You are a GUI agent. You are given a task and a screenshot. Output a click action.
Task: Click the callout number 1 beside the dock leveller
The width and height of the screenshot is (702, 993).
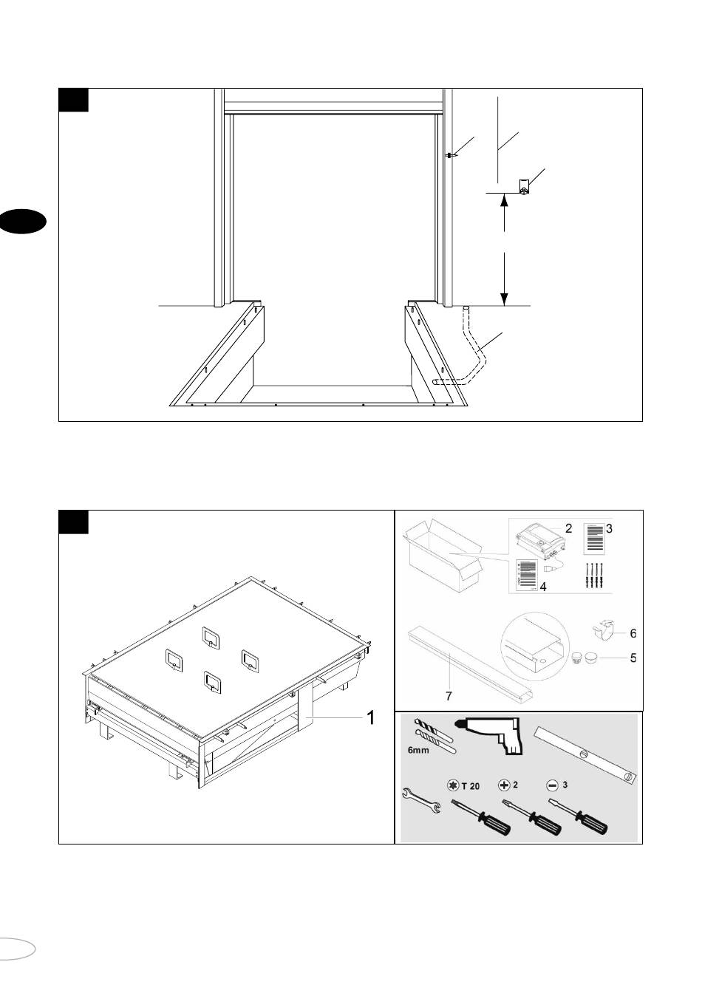[371, 717]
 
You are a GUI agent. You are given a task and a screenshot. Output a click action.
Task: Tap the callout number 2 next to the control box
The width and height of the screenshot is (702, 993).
[568, 528]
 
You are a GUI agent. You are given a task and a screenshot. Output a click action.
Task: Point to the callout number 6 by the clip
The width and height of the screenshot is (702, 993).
[633, 633]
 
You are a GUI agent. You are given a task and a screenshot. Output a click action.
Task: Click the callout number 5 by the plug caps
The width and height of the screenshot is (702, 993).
[633, 658]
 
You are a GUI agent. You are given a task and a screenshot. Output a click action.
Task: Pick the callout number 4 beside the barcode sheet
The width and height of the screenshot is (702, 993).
[543, 587]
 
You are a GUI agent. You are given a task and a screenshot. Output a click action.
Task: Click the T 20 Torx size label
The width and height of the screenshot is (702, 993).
[470, 786]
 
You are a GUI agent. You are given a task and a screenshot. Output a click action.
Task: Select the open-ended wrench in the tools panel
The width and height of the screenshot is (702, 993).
[421, 800]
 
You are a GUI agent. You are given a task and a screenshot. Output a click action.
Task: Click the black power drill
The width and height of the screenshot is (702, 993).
[492, 734]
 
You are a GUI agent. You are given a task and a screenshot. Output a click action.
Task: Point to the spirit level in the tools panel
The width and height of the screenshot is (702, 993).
[586, 756]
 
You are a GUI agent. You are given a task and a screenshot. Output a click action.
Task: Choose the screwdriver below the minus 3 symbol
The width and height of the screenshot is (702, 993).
[579, 816]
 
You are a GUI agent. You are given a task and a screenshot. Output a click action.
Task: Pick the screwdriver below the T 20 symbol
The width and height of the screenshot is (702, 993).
[481, 817]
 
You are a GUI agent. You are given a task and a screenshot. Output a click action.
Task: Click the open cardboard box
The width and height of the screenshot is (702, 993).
[443, 555]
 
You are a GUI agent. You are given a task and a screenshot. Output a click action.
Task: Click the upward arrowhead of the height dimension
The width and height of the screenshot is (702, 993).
[504, 200]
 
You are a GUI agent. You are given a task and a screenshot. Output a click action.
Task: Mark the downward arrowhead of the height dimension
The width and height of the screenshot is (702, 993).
[504, 299]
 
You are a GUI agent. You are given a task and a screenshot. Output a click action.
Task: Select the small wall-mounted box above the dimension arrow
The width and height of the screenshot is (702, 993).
[524, 187]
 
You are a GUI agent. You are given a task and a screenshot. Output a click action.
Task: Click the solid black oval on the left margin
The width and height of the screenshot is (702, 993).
[22, 221]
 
